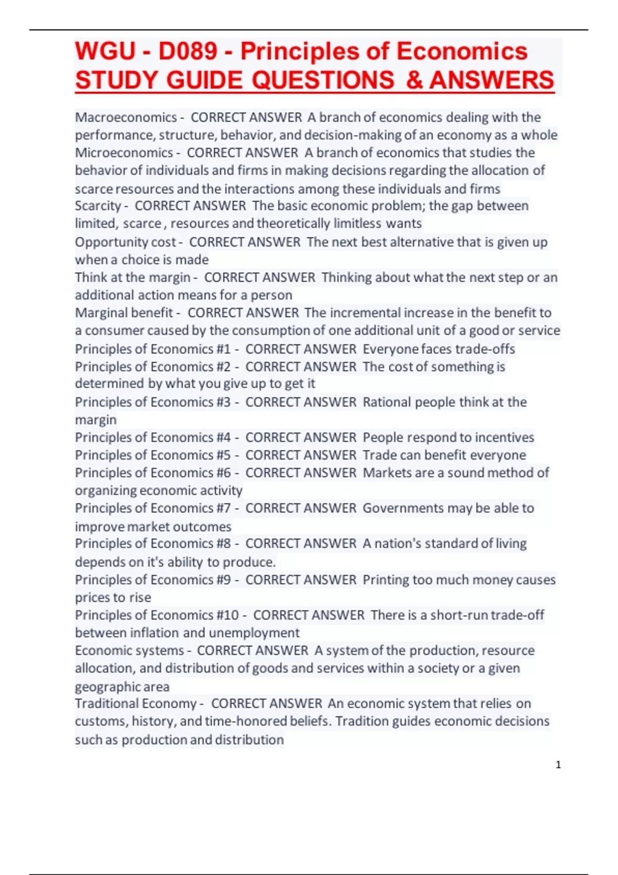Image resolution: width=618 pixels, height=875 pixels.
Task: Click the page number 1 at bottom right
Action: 558,765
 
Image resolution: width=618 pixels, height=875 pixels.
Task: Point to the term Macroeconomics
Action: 126,117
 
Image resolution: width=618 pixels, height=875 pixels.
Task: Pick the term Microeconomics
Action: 124,153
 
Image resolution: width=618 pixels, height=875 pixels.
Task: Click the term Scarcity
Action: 98,206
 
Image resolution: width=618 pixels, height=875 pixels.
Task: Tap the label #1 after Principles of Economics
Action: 223,349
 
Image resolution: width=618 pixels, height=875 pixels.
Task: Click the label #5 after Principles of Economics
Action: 223,455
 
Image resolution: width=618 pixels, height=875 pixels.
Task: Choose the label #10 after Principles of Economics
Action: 227,615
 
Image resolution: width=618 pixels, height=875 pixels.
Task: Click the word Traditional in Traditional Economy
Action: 106,704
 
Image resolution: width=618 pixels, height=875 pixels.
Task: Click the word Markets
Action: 389,472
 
